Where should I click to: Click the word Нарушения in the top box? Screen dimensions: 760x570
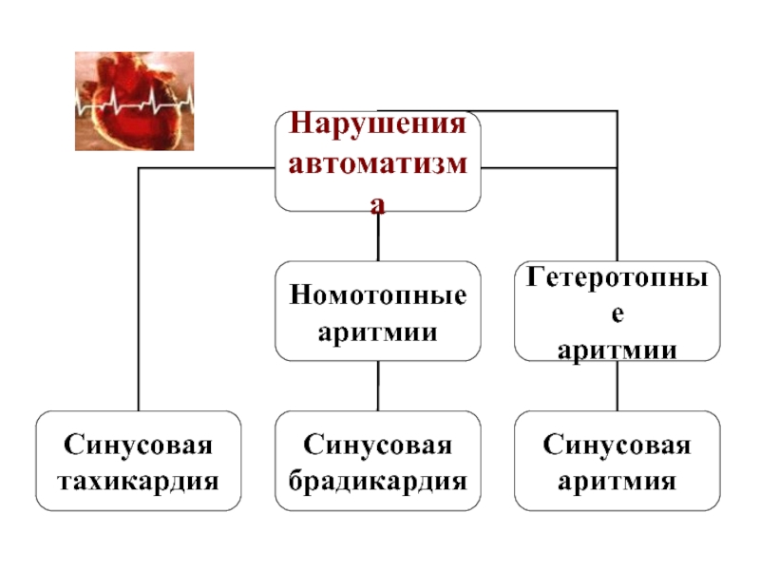tap(378, 125)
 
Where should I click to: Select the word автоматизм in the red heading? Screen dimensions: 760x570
tap(378, 163)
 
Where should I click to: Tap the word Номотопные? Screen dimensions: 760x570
tap(378, 295)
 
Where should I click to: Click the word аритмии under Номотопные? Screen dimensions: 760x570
tap(378, 332)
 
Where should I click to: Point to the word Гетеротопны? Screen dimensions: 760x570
tap(617, 278)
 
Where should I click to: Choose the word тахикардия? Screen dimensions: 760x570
tap(139, 481)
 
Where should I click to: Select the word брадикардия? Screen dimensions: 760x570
tap(378, 481)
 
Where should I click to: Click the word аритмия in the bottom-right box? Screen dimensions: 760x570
tap(617, 481)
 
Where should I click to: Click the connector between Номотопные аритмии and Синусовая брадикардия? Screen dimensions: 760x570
tap(378, 386)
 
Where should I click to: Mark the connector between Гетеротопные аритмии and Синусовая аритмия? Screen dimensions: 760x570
tap(617, 386)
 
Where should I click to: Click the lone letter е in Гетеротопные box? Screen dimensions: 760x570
tap(617, 314)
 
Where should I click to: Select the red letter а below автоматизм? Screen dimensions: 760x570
tap(378, 203)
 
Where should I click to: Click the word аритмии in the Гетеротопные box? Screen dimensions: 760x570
tap(617, 350)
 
